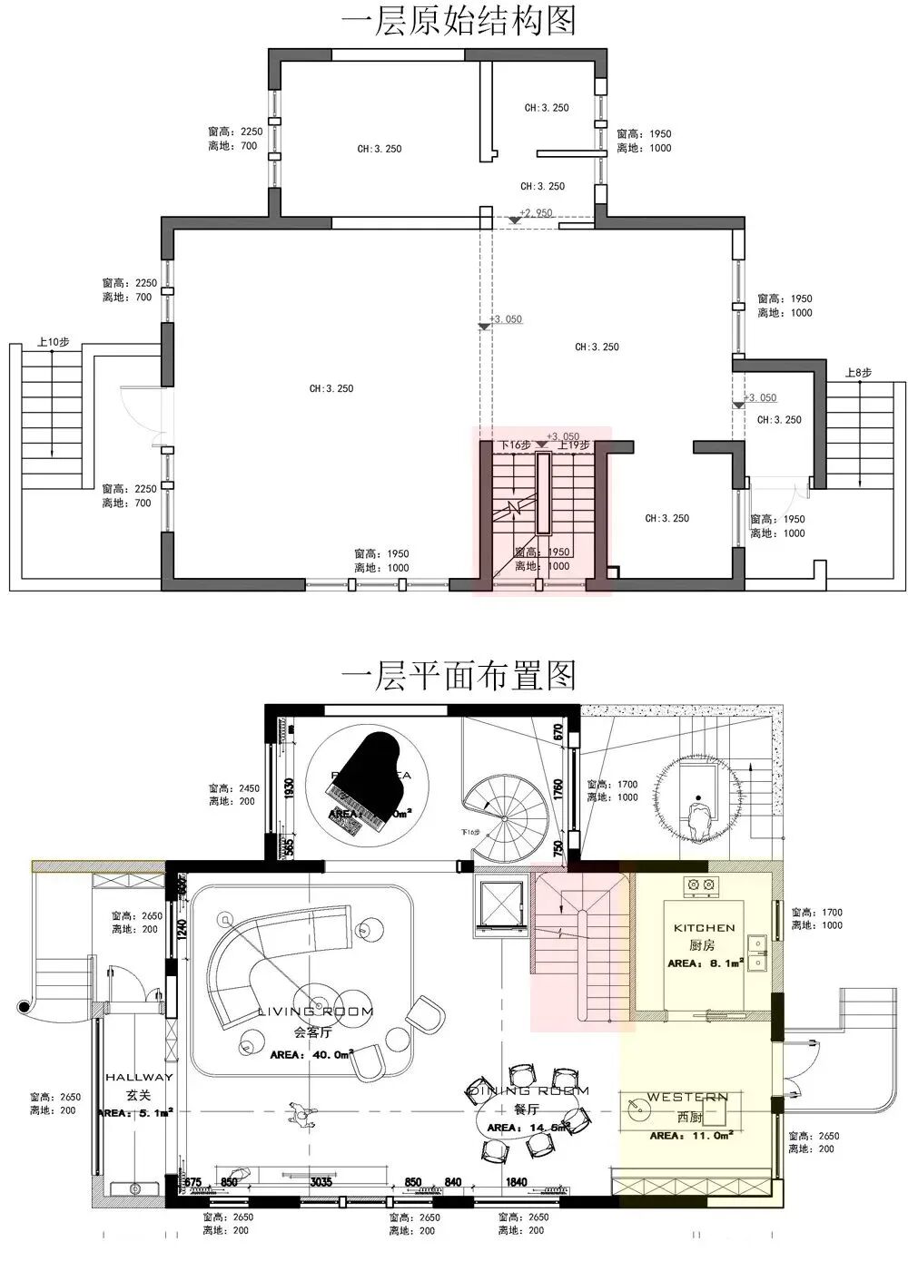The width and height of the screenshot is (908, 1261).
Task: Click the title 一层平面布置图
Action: click(458, 676)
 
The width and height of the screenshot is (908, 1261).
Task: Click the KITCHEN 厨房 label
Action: click(704, 935)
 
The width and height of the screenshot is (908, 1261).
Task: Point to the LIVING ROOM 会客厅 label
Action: click(315, 1021)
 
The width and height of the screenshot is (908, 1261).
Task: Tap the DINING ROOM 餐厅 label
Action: click(528, 1098)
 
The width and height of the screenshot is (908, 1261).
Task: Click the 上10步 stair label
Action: click(53, 343)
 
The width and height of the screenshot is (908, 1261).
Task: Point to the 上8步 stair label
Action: click(858, 372)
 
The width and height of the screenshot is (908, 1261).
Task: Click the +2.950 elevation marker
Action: click(535, 213)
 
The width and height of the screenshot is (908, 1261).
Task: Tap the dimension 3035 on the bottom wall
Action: click(321, 1182)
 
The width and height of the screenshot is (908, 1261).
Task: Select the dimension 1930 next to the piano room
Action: click(290, 788)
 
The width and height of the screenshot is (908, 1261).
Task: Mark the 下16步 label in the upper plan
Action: click(516, 445)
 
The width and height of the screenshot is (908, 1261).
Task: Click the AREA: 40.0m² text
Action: click(311, 1055)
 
